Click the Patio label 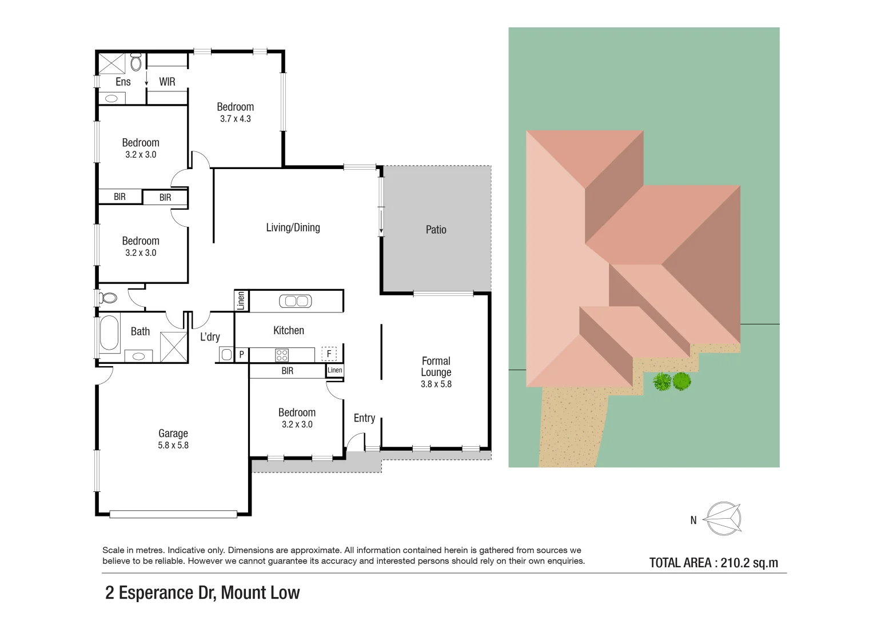pos(436,230)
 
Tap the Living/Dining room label pos(293,227)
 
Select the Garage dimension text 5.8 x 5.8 pos(173,446)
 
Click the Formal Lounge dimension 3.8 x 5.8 pos(436,384)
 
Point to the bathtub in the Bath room pos(109,332)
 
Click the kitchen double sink pos(296,301)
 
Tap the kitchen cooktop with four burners pos(282,355)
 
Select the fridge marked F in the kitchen pos(329,354)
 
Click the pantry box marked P pos(241,355)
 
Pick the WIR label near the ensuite pos(167,82)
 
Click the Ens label pos(123,82)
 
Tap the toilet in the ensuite pos(136,62)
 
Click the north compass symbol pos(723,519)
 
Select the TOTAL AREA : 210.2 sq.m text pos(713,563)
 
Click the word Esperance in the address pos(157,593)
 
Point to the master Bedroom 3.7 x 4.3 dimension pos(236,119)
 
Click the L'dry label pos(210,336)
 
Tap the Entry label pos(364,418)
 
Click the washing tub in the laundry pos(226,355)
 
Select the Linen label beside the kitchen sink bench pos(241,301)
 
